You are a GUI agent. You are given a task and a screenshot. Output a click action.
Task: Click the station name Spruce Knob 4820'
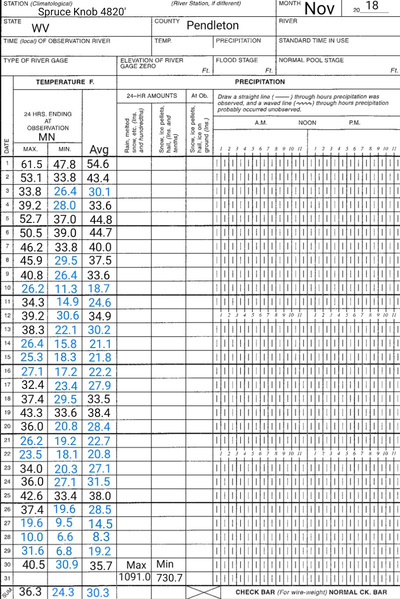click(82, 12)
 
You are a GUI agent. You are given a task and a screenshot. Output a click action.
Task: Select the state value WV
click(40, 29)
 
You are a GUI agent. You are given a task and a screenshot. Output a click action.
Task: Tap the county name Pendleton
click(213, 25)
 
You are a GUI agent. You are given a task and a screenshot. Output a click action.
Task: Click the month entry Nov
click(319, 8)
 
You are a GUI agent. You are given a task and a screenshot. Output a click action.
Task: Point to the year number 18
click(372, 6)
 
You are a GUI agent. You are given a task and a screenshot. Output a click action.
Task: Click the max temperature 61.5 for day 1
click(32, 165)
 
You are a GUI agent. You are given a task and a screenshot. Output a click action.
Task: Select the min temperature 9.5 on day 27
click(64, 523)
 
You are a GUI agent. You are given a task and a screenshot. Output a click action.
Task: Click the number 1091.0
click(134, 577)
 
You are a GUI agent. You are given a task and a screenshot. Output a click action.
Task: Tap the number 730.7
click(169, 578)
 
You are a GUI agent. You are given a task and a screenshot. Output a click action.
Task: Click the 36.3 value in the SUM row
click(30, 592)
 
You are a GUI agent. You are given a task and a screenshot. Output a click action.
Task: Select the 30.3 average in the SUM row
click(98, 593)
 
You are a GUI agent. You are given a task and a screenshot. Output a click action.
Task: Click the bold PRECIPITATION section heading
click(260, 82)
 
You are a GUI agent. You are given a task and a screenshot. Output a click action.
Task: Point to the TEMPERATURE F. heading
click(65, 82)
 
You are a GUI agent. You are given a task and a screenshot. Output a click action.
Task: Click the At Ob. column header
click(200, 96)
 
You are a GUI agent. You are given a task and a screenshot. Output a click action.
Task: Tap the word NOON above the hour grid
click(307, 123)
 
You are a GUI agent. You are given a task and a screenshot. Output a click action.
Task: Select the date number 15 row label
click(7, 357)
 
